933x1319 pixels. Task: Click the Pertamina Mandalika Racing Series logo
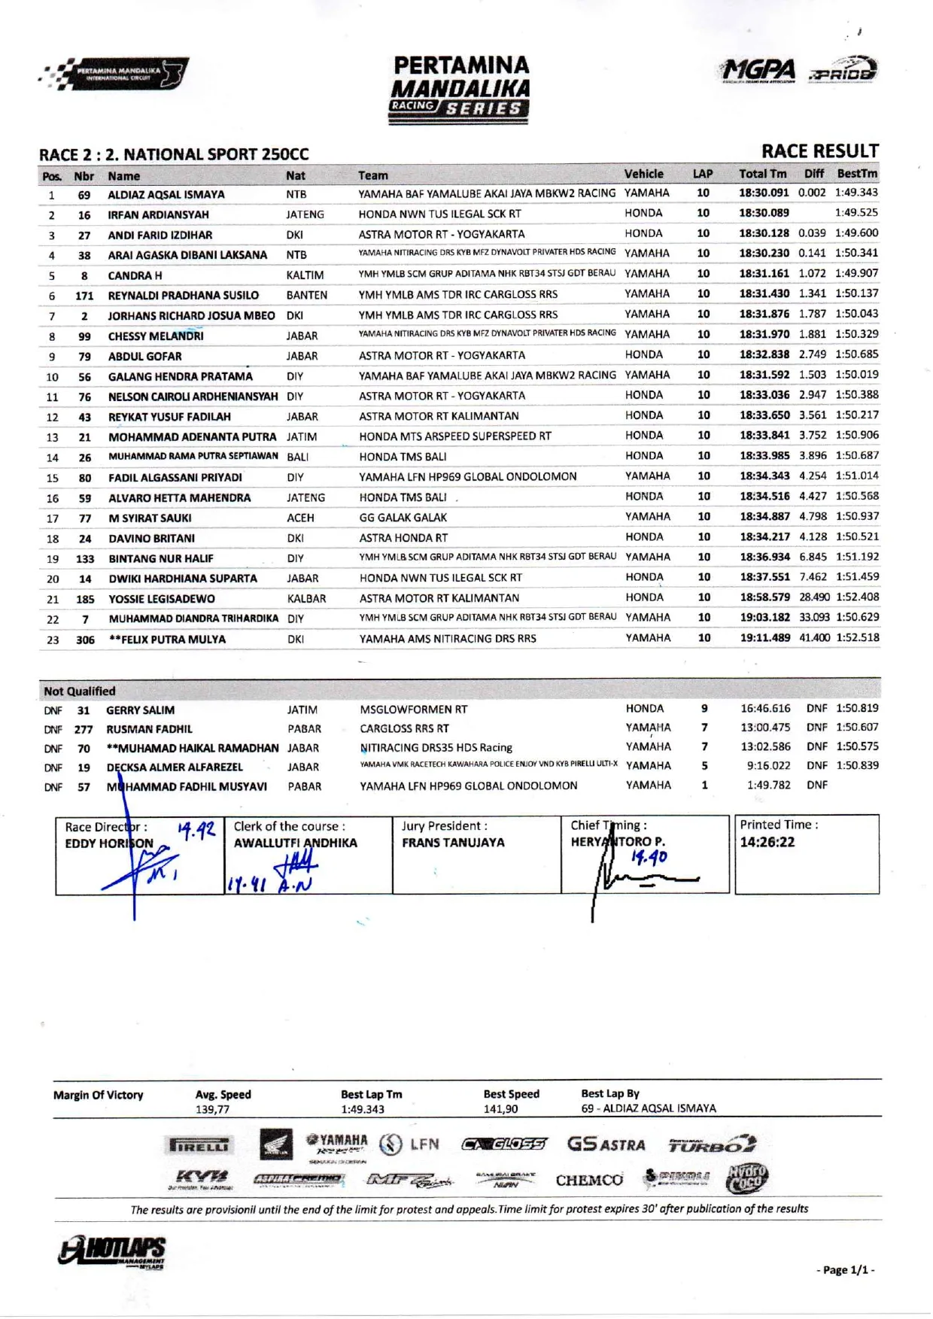tap(460, 89)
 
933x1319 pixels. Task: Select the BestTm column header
tap(856, 174)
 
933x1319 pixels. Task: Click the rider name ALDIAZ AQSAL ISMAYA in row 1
tap(166, 195)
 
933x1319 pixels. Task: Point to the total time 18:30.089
tap(764, 213)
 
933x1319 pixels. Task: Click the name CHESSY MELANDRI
tap(156, 336)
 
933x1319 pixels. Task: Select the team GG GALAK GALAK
tap(403, 518)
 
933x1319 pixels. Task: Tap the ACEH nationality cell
tap(300, 518)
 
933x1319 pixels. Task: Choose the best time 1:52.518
tap(857, 637)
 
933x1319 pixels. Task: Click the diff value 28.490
tap(814, 597)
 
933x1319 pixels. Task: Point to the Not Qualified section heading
tap(80, 691)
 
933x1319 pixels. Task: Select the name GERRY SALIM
tap(140, 710)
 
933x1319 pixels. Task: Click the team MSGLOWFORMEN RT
tap(413, 710)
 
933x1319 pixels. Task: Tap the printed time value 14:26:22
tap(767, 842)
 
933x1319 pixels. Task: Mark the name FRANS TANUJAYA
tap(453, 843)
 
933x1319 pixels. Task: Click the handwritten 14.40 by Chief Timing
tap(649, 857)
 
